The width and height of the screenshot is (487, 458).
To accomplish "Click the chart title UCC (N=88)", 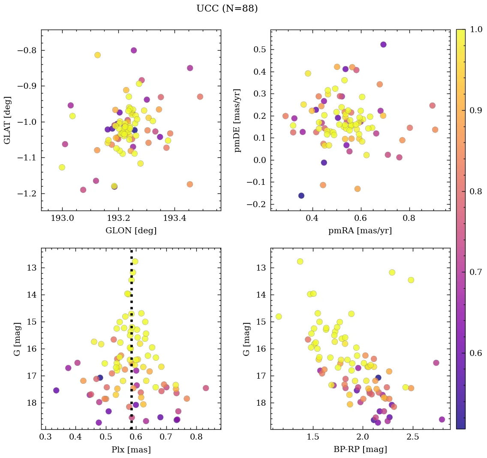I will click(x=227, y=9).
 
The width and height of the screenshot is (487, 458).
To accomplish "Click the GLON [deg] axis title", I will click(x=131, y=231).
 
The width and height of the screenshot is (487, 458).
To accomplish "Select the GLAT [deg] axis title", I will click(x=7, y=120).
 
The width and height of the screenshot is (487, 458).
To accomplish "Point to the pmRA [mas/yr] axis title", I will click(x=360, y=231).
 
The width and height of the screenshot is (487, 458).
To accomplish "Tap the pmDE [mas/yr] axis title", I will click(x=237, y=120).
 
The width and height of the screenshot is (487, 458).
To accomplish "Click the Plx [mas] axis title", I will click(x=131, y=449).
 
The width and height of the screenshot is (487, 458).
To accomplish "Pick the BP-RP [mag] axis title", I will click(x=360, y=449).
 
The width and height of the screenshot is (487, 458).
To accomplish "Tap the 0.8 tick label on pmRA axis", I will click(x=409, y=218).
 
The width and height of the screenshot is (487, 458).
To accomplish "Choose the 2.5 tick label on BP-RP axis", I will click(x=413, y=437).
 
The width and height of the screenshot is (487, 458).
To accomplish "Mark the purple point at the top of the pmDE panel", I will click(x=383, y=45).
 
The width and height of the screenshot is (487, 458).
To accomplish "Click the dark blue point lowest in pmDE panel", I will click(x=301, y=196).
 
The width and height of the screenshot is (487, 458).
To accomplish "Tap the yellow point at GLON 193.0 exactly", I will click(x=62, y=167).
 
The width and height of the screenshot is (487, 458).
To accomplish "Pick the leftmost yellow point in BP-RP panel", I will click(x=279, y=316).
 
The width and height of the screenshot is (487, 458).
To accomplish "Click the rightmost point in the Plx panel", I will click(x=206, y=388).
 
